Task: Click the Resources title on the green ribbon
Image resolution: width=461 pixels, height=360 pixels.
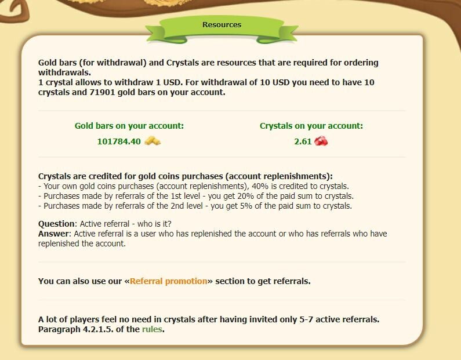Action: [x=222, y=25]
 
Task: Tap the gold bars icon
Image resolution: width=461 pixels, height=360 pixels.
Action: [x=153, y=141]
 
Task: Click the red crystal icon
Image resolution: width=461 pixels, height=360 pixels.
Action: [x=321, y=141]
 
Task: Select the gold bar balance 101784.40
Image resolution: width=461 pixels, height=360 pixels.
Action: [x=119, y=141]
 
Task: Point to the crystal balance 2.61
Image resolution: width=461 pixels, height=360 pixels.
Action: [x=303, y=141]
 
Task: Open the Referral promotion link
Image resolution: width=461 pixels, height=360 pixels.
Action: [x=169, y=281]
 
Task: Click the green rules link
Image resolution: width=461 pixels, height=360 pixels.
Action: [x=152, y=329]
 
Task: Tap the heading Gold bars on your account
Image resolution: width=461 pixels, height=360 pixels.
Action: [x=129, y=126]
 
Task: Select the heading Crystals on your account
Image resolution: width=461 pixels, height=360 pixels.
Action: [x=311, y=126]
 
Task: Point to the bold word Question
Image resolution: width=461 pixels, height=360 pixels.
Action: [x=56, y=224]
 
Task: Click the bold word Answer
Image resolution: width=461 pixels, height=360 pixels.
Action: [x=53, y=234]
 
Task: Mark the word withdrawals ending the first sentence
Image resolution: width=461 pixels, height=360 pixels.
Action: [x=64, y=72]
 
